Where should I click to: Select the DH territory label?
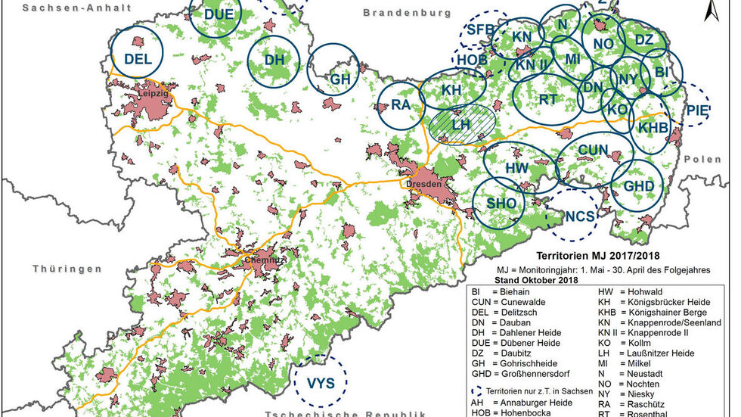[x=274, y=60]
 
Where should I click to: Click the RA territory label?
[x=400, y=106]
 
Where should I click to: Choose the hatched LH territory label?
[x=460, y=122]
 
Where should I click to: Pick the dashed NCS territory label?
[x=580, y=216]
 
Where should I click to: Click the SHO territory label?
[x=501, y=204]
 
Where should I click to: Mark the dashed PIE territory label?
[x=697, y=108]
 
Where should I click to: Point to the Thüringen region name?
[x=67, y=269]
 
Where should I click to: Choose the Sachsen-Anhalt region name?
[x=67, y=7]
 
